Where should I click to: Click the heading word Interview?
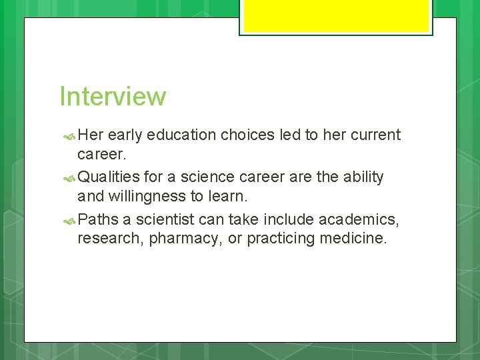(112, 96)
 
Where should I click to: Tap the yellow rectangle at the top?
(336, 16)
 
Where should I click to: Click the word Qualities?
(109, 177)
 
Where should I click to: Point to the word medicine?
(353, 238)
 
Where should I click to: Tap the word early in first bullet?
(125, 136)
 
